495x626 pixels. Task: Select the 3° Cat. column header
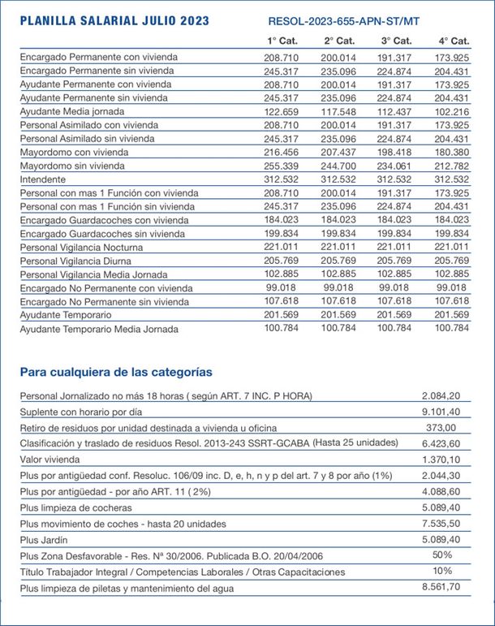tap(395, 41)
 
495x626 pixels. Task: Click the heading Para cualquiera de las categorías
tap(117, 372)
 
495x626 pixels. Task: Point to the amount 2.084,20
tap(441, 395)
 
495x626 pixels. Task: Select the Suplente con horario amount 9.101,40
tap(441, 412)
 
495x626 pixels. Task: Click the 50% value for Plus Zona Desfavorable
tap(441, 555)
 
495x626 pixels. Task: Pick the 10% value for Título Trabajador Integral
tap(441, 572)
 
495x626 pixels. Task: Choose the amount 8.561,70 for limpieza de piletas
tap(441, 587)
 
